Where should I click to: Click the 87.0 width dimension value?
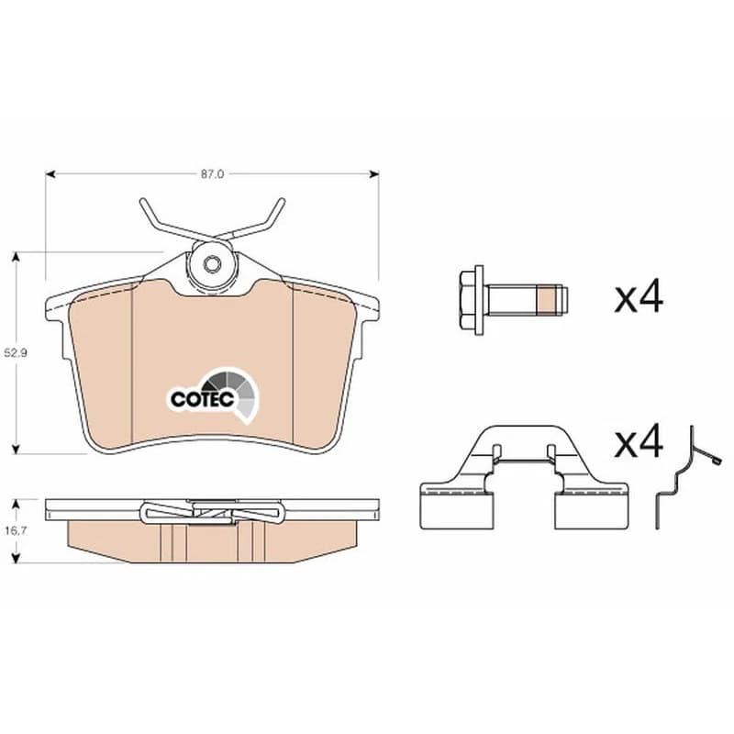point(213,174)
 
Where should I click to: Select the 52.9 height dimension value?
point(16,353)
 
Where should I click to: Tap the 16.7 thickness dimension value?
point(16,531)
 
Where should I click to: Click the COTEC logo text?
point(202,399)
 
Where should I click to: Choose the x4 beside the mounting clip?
point(639,440)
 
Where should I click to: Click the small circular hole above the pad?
point(211,264)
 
